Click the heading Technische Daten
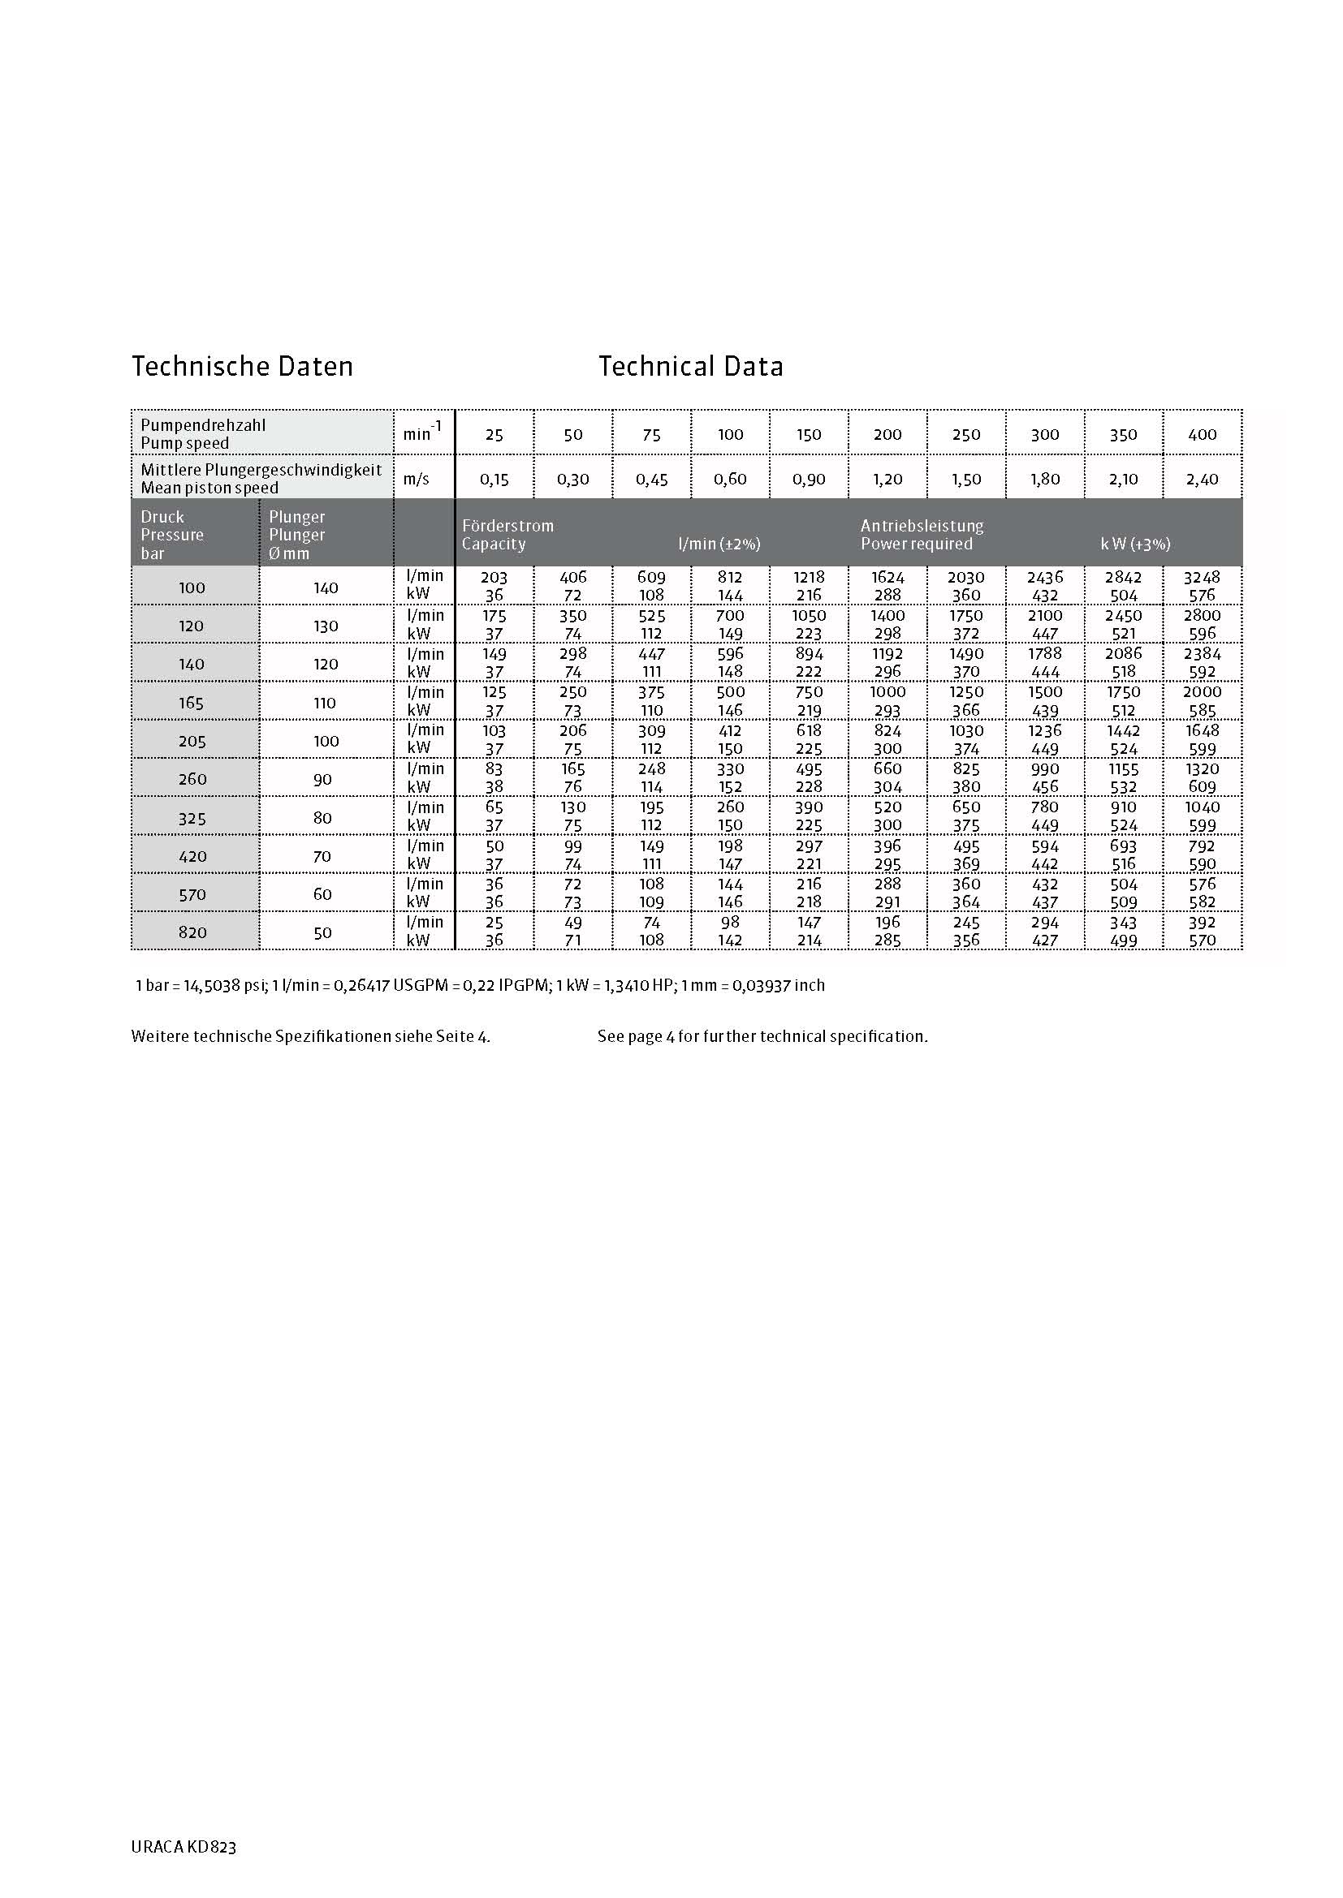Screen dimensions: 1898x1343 [x=242, y=366]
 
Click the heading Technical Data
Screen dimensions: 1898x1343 [x=690, y=366]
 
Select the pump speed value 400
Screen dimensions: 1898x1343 [x=1202, y=435]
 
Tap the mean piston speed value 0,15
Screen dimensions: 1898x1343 [x=494, y=480]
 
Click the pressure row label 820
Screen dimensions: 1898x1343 [x=192, y=932]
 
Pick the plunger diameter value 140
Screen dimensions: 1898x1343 [x=326, y=587]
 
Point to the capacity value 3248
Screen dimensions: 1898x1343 [x=1202, y=577]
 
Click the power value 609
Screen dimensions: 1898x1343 [x=1202, y=787]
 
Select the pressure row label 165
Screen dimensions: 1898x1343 [x=192, y=703]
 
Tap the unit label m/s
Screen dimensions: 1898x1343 [x=416, y=480]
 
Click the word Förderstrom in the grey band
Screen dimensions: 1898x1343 [x=507, y=526]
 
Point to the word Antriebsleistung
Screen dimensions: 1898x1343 [x=922, y=526]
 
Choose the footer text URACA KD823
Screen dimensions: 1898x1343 [x=184, y=1847]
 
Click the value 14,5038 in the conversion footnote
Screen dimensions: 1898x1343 [x=212, y=985]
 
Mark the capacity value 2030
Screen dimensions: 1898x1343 [x=966, y=577]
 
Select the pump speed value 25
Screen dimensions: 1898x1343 [x=494, y=435]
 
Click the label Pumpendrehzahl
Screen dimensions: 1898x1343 [x=204, y=426]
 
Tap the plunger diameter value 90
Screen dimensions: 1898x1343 [x=322, y=780]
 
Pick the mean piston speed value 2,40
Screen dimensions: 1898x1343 [x=1202, y=480]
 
